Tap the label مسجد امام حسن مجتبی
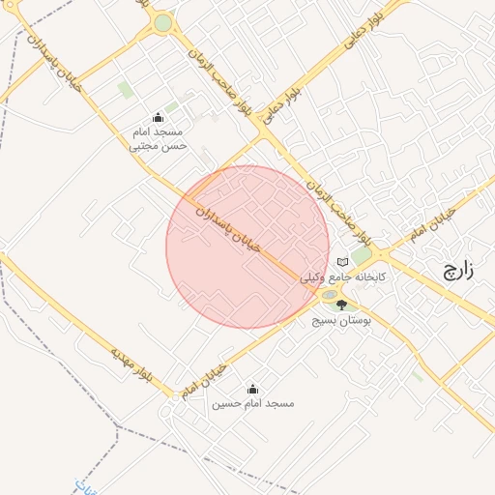click(159, 138)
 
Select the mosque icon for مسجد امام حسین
click(252, 389)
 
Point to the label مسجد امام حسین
click(252, 402)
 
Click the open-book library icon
click(341, 262)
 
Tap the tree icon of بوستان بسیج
click(341, 305)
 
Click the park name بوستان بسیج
click(341, 318)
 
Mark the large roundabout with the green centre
click(162, 22)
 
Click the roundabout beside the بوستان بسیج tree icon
click(330, 295)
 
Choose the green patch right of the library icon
click(361, 256)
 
